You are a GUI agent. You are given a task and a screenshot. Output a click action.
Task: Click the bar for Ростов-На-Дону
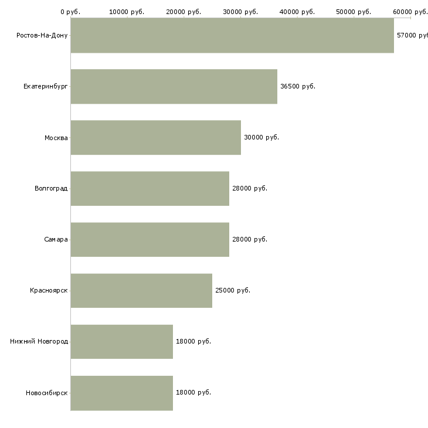232,35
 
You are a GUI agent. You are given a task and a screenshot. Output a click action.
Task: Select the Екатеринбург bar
174,86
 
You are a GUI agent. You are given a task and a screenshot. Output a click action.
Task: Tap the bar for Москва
155,137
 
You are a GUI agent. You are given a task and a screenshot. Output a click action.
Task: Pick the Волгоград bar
150,188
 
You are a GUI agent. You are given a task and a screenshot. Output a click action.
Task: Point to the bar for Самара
150,239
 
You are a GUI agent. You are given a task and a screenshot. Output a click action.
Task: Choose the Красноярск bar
141,290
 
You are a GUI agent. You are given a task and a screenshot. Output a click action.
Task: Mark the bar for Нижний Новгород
121,341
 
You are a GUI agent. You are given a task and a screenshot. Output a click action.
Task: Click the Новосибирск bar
121,392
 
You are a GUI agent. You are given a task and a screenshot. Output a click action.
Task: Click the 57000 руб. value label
412,35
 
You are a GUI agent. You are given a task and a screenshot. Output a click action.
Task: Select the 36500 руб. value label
298,86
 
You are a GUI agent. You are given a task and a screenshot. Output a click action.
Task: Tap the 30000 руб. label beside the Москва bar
261,137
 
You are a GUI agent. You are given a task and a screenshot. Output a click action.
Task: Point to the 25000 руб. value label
233,290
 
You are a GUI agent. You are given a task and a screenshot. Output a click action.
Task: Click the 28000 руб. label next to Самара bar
250,239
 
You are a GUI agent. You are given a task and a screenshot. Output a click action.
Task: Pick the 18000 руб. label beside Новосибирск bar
193,392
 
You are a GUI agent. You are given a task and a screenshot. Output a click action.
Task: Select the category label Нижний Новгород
39,341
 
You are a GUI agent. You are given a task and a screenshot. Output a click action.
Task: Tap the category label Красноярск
49,290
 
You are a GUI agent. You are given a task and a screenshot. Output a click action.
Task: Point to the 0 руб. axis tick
70,11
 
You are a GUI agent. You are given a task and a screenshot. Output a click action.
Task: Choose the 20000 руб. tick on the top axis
184,11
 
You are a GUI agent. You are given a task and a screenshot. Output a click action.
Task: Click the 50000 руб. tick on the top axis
354,11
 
